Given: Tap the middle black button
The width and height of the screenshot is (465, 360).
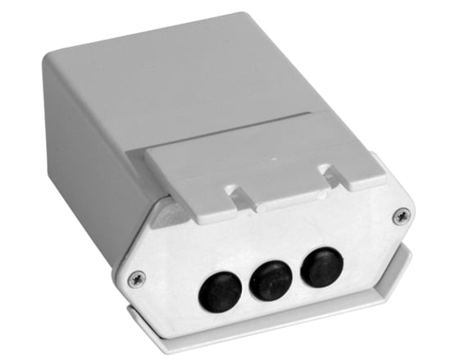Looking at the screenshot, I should (271, 280).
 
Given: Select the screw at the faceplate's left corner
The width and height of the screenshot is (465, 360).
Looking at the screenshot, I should (137, 278).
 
